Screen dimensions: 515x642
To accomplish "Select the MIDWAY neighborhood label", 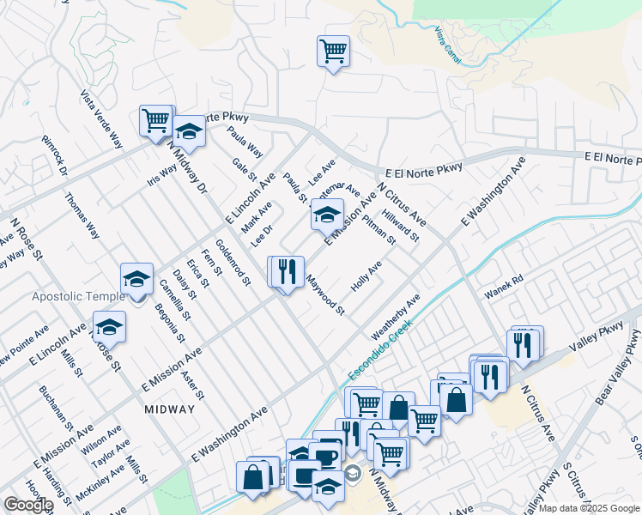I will (x=169, y=409).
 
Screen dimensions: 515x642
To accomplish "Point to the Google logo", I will (x=28, y=505).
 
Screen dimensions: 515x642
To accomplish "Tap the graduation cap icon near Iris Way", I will (x=189, y=131).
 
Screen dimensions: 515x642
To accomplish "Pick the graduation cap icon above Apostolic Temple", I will (x=136, y=277).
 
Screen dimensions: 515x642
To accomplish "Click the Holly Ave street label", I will (x=366, y=276).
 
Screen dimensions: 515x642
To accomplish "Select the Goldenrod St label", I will (x=233, y=262).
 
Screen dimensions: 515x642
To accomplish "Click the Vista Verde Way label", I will (x=102, y=119).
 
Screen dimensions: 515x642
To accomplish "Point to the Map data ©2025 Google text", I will (x=589, y=508).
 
